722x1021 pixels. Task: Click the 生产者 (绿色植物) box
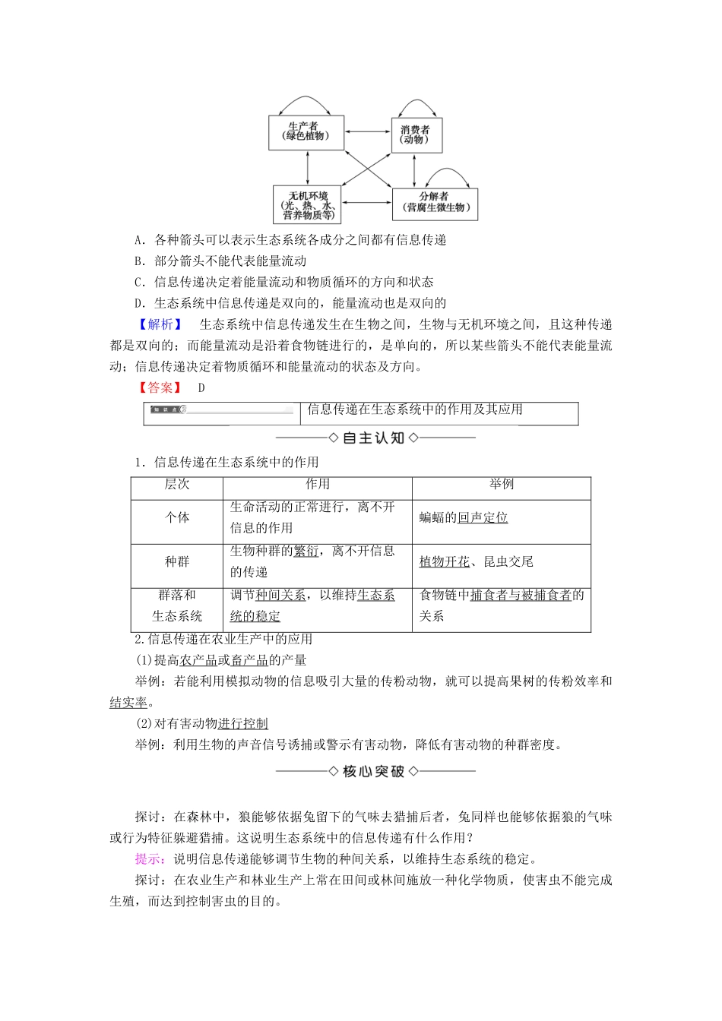coord(306,132)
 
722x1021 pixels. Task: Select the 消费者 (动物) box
coord(416,135)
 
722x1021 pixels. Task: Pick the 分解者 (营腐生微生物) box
coord(434,203)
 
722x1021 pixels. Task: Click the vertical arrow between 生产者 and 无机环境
coord(307,167)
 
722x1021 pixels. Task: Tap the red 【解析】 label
coord(160,324)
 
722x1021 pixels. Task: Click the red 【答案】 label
coord(160,387)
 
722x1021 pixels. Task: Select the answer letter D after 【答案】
coord(201,387)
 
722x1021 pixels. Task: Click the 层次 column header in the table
coord(177,485)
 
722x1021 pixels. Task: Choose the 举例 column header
coord(502,485)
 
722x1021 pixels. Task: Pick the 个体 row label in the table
coord(177,517)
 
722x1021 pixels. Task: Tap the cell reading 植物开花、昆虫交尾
coord(477,561)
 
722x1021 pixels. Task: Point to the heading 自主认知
coord(375,438)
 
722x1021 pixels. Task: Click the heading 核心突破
coord(375,772)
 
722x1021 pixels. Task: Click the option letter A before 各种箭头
coord(139,240)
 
